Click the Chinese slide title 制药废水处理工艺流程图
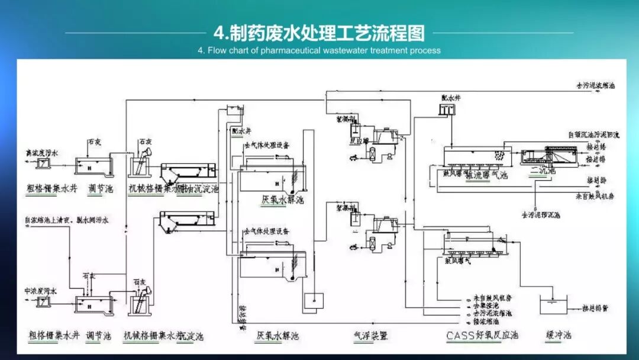pyautogui.click(x=319, y=32)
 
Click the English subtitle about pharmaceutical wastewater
pyautogui.click(x=319, y=50)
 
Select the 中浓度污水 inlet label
pyautogui.click(x=40, y=291)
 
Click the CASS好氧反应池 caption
pyautogui.click(x=482, y=336)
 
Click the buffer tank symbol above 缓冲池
pyautogui.click(x=552, y=306)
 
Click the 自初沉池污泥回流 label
pyautogui.click(x=593, y=135)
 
